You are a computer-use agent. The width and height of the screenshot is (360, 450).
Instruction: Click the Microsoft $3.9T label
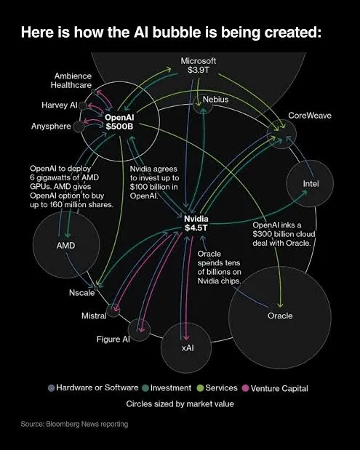[x=199, y=65]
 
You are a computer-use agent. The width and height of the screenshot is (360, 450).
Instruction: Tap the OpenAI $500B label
[x=119, y=121]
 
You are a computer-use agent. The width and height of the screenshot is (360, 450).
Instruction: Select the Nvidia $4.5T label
[x=196, y=223]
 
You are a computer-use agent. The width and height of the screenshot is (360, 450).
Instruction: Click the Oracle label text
[x=280, y=316]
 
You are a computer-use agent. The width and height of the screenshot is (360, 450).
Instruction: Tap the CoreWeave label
[x=310, y=116]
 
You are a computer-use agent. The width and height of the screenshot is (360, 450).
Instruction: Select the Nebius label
[x=215, y=100]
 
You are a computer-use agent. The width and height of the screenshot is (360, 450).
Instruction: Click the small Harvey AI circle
[x=83, y=105]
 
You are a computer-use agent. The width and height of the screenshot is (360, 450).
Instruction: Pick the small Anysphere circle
[x=79, y=126]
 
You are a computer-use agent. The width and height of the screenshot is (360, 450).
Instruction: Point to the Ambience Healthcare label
[x=71, y=81]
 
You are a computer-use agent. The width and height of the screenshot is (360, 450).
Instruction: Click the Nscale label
[x=81, y=293]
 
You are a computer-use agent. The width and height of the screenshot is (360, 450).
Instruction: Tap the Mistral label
[x=94, y=316]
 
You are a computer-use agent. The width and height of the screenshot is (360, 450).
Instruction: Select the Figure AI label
[x=113, y=339]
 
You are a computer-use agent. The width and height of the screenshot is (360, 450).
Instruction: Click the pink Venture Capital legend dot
[x=246, y=388]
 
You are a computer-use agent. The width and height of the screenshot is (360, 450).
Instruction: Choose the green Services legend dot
[x=201, y=388]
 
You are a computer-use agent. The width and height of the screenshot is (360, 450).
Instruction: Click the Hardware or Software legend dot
[x=52, y=388]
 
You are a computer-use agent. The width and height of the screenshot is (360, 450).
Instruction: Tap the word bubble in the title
[x=177, y=32]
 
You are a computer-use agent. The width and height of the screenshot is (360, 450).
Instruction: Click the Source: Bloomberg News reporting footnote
[x=74, y=424]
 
